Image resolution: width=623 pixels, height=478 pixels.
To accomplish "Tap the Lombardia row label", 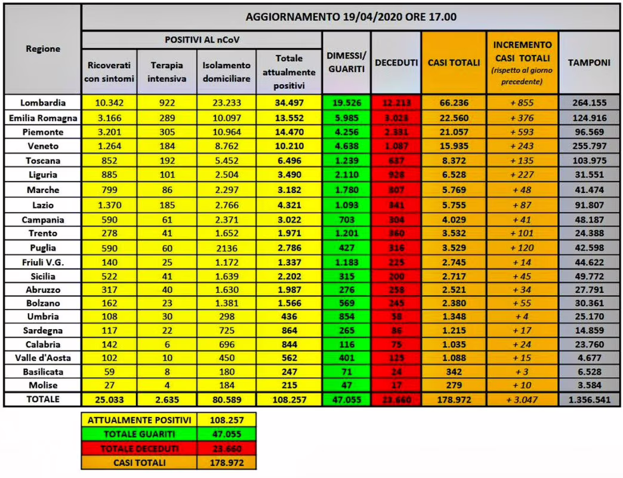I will [x=42, y=103].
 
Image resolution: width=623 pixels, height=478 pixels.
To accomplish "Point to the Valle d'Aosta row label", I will [x=42, y=358].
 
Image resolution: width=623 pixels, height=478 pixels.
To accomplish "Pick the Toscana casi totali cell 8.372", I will [x=454, y=161].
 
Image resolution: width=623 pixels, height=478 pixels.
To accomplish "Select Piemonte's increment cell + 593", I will [x=522, y=132].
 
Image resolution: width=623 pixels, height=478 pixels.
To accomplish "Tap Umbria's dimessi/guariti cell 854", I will [x=346, y=316].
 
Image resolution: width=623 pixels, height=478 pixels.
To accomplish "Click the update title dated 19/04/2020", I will [x=351, y=17].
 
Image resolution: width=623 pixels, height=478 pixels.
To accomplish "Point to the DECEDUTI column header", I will [x=396, y=62].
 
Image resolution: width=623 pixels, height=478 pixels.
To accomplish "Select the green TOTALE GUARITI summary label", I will [x=140, y=434].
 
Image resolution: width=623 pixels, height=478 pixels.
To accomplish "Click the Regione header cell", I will [x=42, y=49].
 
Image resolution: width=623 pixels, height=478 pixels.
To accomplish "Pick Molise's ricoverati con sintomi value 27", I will [x=109, y=385].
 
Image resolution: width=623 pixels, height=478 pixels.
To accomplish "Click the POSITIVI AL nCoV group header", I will [x=201, y=39].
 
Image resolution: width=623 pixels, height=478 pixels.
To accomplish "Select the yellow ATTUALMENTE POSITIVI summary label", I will [x=140, y=419].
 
